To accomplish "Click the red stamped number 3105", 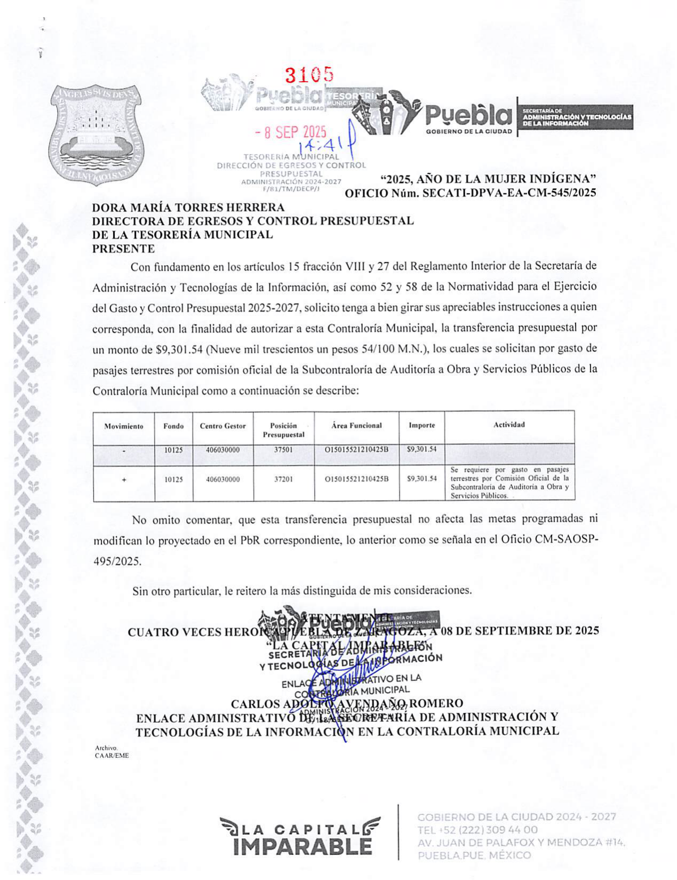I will pos(309,76).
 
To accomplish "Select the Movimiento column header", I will pos(124,426).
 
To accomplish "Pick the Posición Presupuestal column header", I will pos(283,430).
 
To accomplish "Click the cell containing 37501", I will pos(283,450).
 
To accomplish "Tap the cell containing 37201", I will pos(283,479).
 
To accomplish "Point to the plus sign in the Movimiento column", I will pos(124,479).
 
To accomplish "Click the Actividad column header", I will pos(509,425).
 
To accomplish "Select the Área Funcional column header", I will pos(356,426).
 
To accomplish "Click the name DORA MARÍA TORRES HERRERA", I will pos(188,207).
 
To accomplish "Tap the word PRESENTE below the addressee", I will pos(124,249).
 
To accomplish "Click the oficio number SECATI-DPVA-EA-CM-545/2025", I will pos(509,193).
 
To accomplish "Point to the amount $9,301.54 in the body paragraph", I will pos(179,349).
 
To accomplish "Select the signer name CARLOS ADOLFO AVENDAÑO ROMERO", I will pos(346,703).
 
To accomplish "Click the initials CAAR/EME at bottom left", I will pos(111,755).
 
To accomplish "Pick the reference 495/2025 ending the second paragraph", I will pos(117,561).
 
